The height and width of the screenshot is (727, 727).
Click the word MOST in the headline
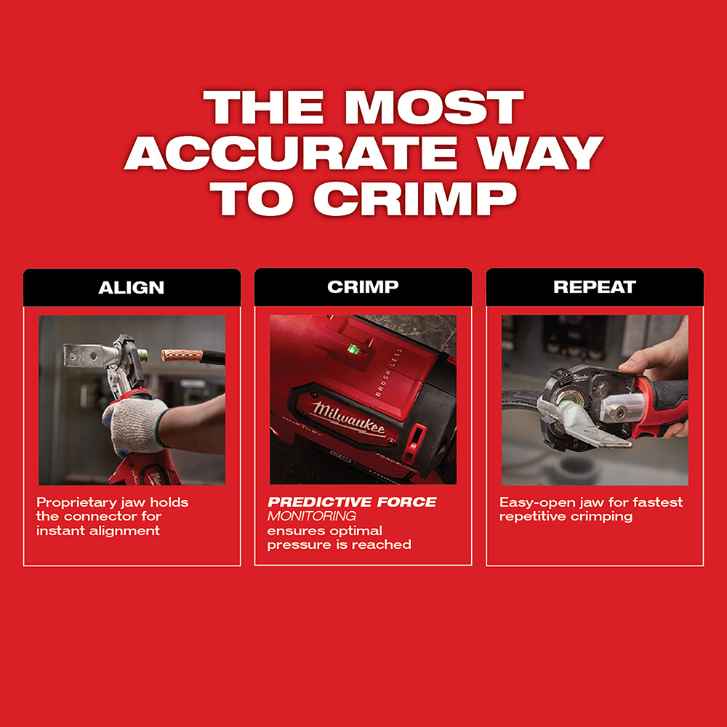pyautogui.click(x=435, y=107)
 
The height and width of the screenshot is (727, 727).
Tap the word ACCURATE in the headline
pyautogui.click(x=292, y=153)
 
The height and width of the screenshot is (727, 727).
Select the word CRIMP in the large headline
pyautogui.click(x=415, y=198)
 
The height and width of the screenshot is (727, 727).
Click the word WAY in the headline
pyautogui.click(x=541, y=153)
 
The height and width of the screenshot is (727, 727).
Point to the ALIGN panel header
pyautogui.click(x=132, y=287)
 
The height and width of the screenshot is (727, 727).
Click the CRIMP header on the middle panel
pyautogui.click(x=363, y=287)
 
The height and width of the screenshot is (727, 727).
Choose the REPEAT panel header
pyautogui.click(x=595, y=287)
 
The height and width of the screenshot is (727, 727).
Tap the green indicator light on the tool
pyautogui.click(x=353, y=349)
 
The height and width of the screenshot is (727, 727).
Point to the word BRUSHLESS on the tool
pyautogui.click(x=388, y=372)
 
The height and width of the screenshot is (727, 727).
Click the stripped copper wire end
pyautogui.click(x=182, y=356)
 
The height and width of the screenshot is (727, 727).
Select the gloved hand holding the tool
pyautogui.click(x=134, y=425)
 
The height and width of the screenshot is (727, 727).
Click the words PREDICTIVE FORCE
pyautogui.click(x=352, y=502)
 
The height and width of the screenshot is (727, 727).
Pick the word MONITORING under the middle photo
pyautogui.click(x=312, y=516)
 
